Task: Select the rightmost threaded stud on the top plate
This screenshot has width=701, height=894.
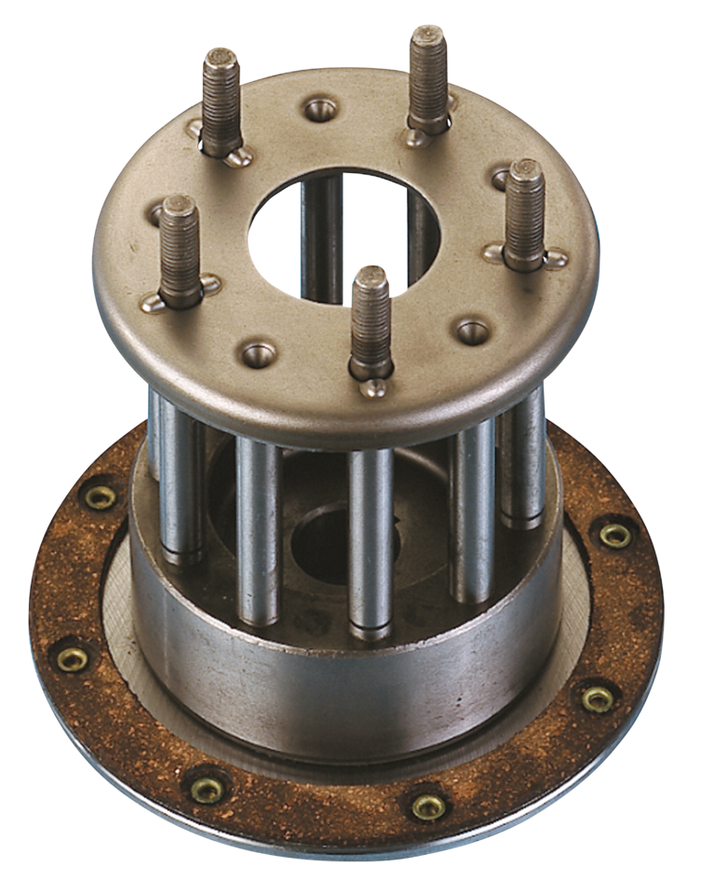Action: (x=524, y=215)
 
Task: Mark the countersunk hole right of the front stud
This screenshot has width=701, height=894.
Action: (x=473, y=331)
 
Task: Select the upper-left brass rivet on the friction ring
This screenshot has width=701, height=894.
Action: (x=101, y=496)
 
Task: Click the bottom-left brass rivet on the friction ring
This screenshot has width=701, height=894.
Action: (x=206, y=789)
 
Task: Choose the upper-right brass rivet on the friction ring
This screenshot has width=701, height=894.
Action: (x=614, y=535)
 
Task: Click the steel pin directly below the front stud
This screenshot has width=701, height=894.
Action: (x=371, y=540)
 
